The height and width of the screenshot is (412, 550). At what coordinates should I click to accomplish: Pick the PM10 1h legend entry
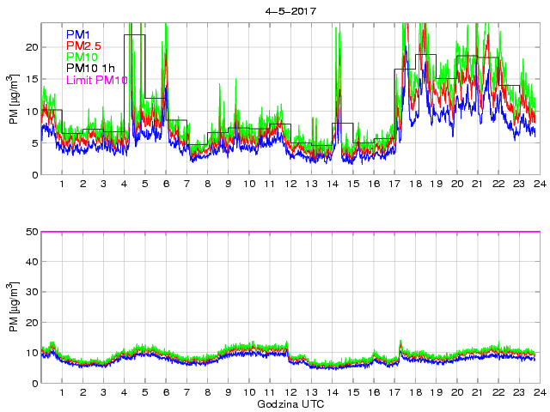pos(89,69)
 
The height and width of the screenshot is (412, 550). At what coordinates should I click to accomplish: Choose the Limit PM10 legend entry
pos(95,81)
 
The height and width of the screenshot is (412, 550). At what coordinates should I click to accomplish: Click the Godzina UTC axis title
pos(289,403)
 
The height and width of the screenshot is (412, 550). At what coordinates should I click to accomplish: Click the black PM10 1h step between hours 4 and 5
pos(135,35)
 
